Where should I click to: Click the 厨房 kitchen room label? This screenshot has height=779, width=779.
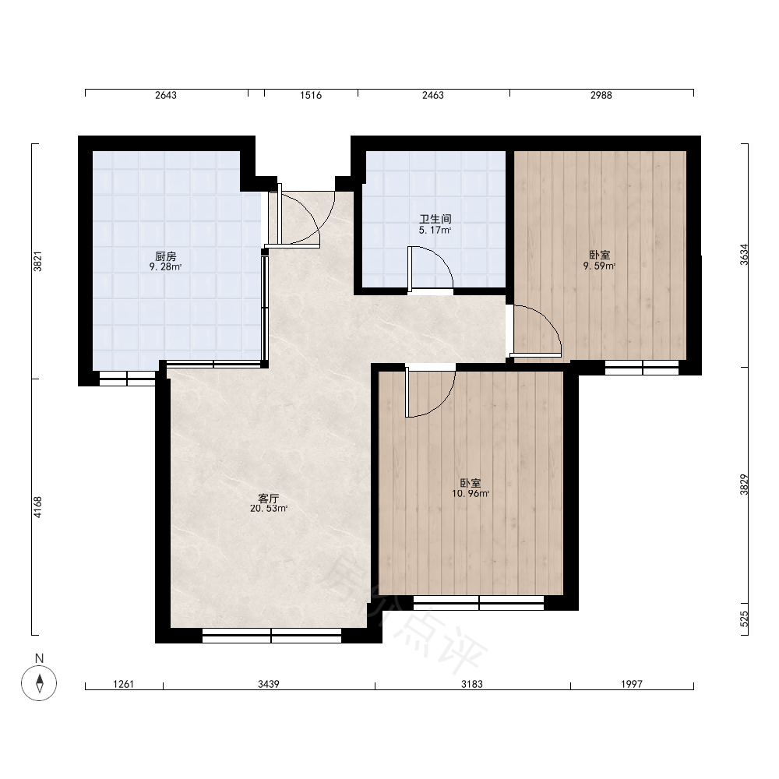165,256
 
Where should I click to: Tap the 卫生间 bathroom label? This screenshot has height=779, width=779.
435,219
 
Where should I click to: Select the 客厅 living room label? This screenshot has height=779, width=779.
268,499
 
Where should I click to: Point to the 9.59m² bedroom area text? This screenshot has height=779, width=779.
600,266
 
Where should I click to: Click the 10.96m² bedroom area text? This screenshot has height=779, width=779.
471,493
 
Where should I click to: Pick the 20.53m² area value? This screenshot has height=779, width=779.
269,508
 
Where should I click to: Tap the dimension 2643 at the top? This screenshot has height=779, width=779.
165,95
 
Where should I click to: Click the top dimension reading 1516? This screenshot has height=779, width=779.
311,95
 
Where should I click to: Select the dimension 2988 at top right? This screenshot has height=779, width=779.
601,95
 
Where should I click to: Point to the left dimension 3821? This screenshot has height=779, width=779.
37,261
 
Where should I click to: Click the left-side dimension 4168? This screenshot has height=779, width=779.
37,507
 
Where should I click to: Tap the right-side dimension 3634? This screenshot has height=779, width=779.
744,255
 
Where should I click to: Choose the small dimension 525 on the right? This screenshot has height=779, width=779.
744,619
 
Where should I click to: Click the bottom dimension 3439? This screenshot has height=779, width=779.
268,684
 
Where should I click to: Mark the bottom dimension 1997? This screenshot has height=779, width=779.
632,684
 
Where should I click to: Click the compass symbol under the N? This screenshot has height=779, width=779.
39,682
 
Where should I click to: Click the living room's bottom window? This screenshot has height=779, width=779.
272,636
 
